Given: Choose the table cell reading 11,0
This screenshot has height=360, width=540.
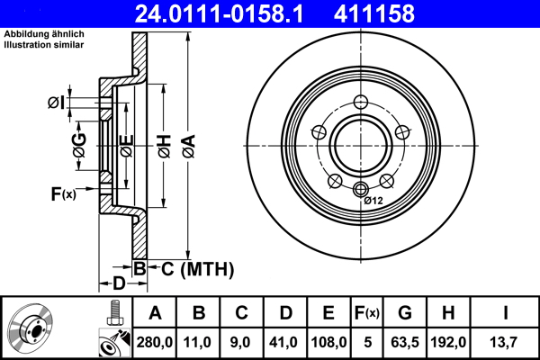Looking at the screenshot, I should point(199,341).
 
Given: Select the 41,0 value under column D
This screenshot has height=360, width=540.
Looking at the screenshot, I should point(285,341).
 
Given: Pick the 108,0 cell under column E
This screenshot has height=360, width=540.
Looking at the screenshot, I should point(328,341).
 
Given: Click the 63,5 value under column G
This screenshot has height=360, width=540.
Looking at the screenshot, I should point(405,341).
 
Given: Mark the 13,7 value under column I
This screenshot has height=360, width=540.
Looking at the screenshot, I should point(505,341).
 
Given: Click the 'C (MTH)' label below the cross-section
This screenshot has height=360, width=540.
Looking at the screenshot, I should point(192,268).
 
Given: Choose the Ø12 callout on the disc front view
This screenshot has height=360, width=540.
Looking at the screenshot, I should point(373,200).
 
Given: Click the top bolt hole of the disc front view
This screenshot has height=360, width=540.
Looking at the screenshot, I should point(362,101).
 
